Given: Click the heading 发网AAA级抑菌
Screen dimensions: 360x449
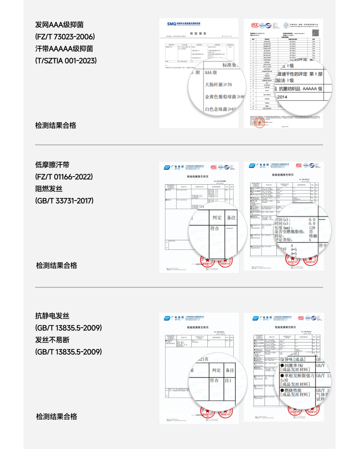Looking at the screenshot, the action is coord(60,24).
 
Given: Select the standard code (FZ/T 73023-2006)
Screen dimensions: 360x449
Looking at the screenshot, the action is coord(65,36).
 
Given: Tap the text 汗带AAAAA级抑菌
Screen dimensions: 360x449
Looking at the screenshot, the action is coord(64,48).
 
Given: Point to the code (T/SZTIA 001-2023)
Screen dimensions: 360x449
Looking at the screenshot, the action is coord(66,60).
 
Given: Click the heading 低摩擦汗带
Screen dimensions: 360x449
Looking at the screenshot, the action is coord(52,165).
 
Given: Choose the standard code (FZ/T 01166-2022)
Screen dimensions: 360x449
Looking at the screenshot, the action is coord(64,177).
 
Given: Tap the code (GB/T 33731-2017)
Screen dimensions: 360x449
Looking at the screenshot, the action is coord(64,201).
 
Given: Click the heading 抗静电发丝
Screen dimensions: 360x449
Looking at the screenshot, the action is coord(52,316).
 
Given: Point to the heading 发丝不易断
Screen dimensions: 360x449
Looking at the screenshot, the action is coord(52,340).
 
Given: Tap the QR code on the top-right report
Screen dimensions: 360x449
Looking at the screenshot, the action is coord(316,33).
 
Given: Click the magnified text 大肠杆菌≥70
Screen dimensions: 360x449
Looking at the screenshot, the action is coord(218,85).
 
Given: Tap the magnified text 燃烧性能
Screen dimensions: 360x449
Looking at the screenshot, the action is coord(298,391).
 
